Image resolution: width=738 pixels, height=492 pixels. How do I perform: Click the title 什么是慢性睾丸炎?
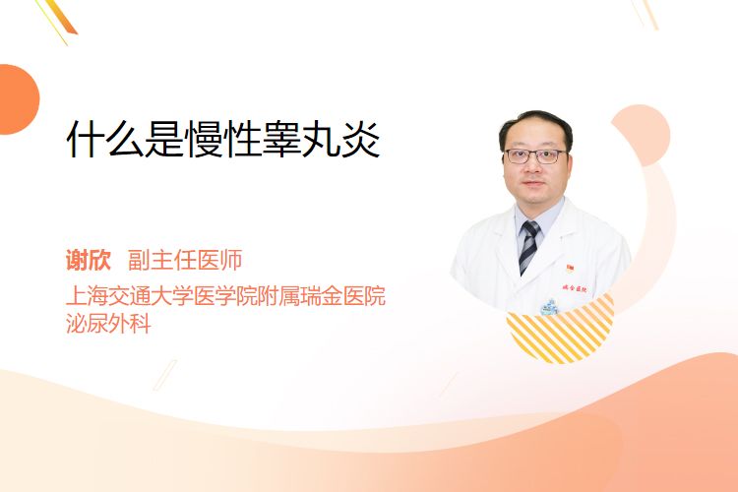point(223,140)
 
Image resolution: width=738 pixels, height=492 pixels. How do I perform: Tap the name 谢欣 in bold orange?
point(89,260)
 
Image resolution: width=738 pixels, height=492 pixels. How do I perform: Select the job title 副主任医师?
point(185,260)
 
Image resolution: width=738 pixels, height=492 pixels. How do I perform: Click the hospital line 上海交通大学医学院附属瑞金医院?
point(226,296)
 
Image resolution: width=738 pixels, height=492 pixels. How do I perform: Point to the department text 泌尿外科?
point(108,323)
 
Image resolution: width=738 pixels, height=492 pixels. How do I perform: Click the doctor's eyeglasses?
point(535,155)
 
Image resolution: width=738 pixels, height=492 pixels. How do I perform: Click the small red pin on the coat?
point(570,269)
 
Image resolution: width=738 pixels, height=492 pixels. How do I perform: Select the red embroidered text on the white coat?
point(575,288)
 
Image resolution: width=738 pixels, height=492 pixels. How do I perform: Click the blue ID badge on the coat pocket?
point(549,307)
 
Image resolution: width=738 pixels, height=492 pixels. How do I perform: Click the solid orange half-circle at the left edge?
point(19,99)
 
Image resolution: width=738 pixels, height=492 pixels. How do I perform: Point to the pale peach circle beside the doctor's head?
point(643,134)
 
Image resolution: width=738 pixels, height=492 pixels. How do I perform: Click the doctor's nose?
point(532,168)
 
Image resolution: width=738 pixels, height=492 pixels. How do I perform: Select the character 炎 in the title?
point(361,140)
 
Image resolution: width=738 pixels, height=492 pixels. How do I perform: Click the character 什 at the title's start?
point(86,140)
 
